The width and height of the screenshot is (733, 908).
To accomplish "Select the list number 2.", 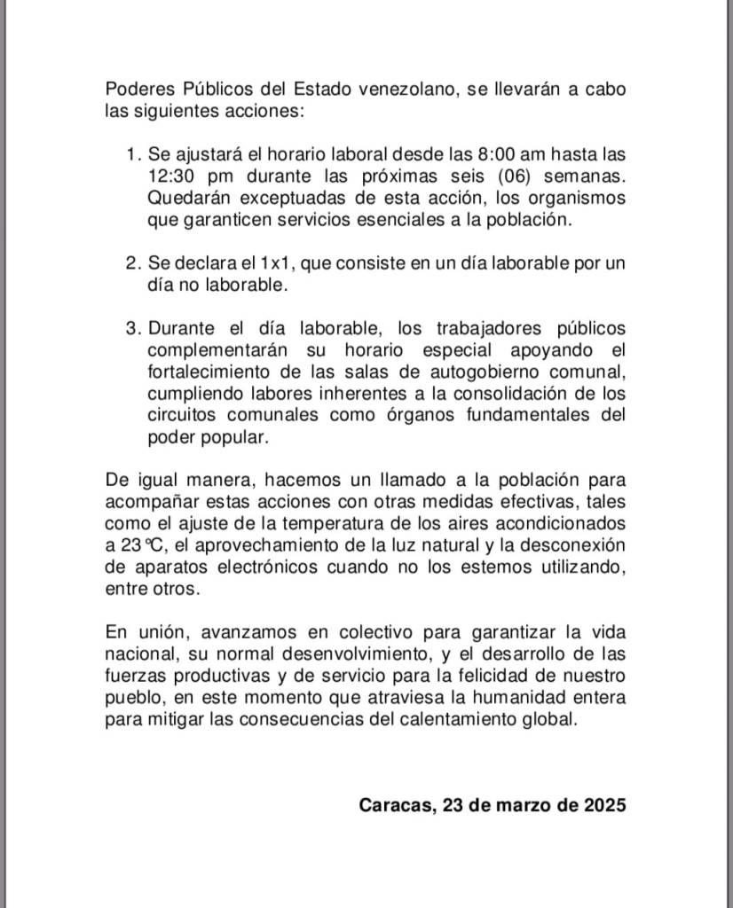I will [x=133, y=263].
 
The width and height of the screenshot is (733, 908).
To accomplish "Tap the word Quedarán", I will [x=189, y=197].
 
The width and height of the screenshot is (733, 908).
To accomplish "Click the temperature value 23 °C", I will [x=130, y=545].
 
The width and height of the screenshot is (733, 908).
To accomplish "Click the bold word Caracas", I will [x=393, y=805].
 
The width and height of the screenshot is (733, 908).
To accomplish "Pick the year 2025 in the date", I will [x=605, y=805].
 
